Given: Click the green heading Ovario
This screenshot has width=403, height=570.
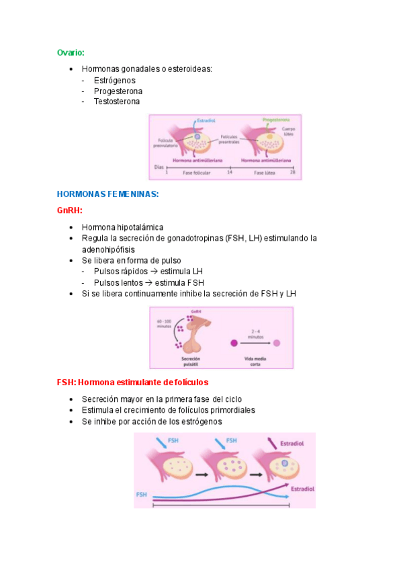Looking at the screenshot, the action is [70, 52].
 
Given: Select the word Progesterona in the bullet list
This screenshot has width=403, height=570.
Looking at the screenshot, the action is [118, 91].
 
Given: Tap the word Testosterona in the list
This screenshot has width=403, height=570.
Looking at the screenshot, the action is [117, 101].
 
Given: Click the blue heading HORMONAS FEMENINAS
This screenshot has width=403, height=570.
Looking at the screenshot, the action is [107, 194].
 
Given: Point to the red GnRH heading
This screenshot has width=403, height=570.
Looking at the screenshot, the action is [69, 210].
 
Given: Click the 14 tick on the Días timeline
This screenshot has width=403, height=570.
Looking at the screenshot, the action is [229, 173].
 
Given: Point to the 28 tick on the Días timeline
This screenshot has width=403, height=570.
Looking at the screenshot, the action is [292, 173].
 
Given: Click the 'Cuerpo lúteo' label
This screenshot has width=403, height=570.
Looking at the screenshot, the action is [288, 131].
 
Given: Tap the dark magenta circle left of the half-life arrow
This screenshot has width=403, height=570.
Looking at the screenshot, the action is [234, 343].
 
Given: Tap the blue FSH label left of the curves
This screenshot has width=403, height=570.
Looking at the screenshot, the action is [142, 494].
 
